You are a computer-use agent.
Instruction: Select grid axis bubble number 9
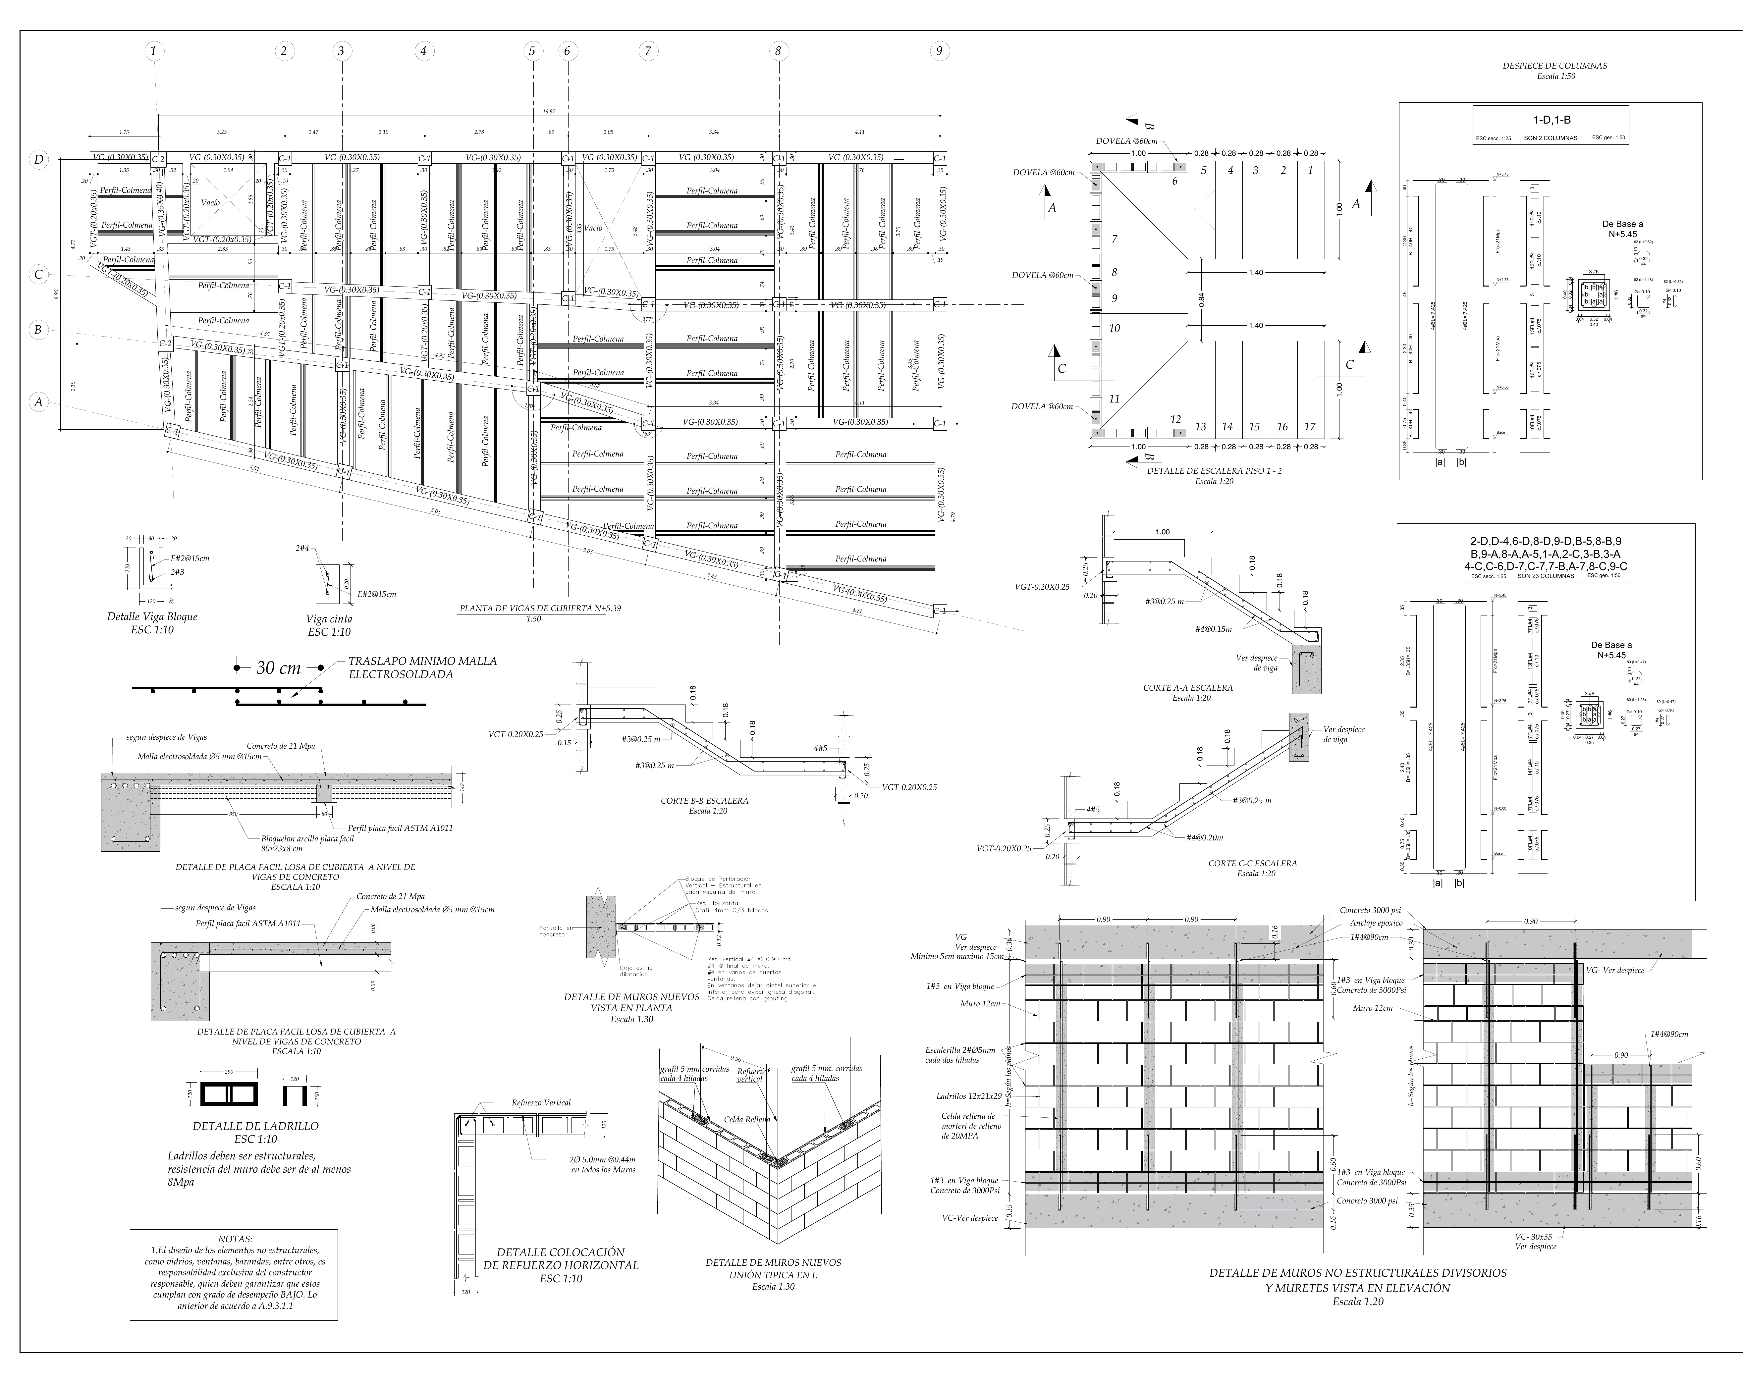tap(939, 51)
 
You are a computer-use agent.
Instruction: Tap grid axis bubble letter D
tap(38, 159)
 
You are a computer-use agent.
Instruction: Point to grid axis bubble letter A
tap(38, 402)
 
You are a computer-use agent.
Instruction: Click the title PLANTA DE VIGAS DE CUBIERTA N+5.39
tap(540, 609)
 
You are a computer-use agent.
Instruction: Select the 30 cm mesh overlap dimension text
tap(278, 668)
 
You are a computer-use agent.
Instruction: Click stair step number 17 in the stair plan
tap(1310, 427)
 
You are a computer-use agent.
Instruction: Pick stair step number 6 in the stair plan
tap(1175, 181)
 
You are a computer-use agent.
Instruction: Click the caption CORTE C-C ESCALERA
tap(1252, 863)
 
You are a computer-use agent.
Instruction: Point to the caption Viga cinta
tap(329, 619)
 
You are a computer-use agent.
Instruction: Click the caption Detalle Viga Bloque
tap(152, 617)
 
